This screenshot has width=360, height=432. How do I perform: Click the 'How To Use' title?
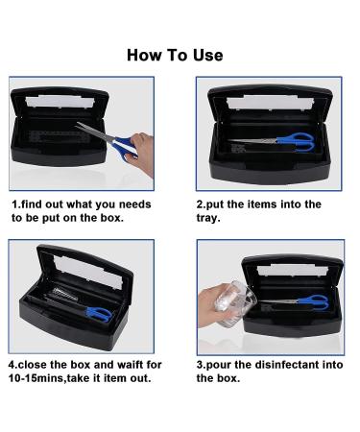[175, 55]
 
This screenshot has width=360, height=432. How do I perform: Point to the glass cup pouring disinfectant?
[224, 303]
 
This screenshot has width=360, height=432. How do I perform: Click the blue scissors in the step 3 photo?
[302, 302]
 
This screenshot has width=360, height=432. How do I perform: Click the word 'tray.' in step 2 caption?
[209, 218]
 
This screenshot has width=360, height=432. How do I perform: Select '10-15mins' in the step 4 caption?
[41, 378]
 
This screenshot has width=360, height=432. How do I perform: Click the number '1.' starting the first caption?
[15, 204]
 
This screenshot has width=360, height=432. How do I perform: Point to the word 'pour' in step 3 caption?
[225, 365]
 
